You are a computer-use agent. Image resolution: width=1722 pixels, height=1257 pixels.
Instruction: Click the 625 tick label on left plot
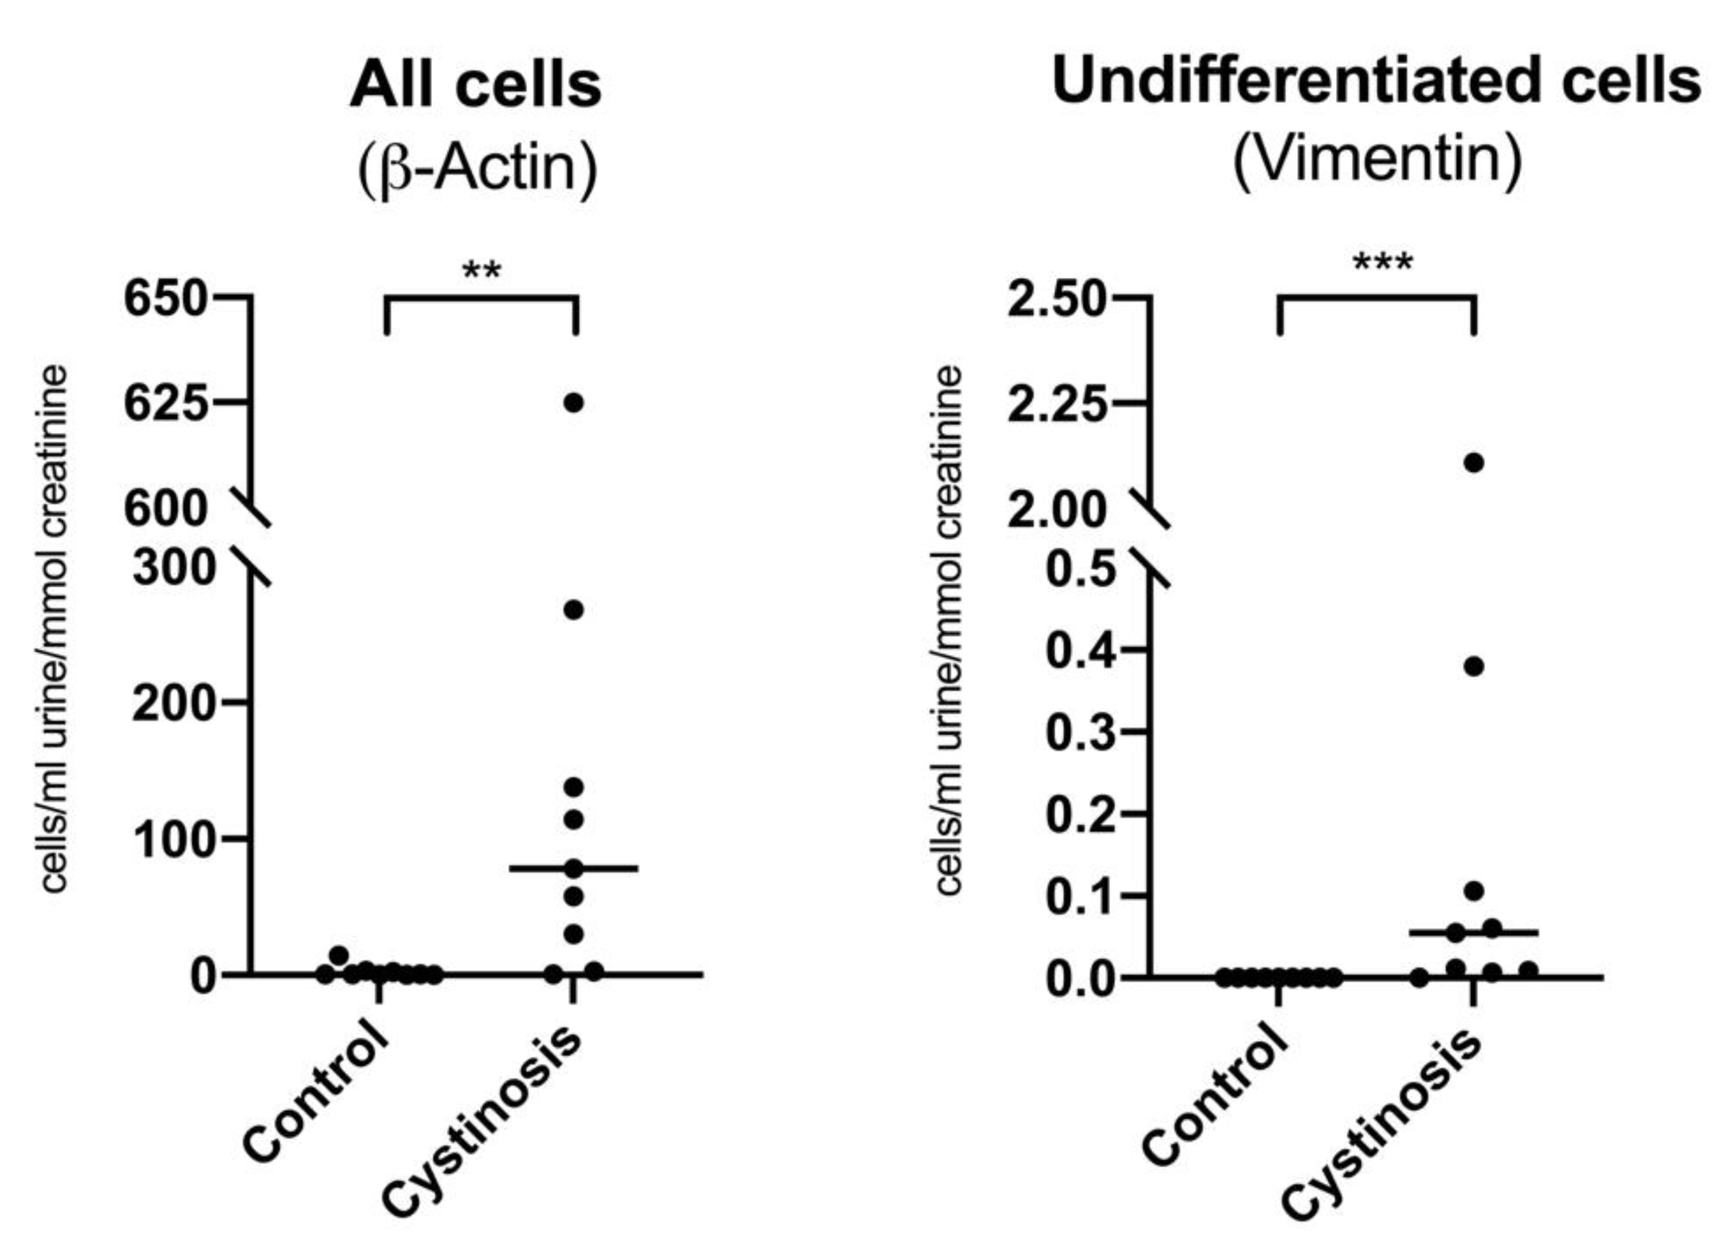(165, 403)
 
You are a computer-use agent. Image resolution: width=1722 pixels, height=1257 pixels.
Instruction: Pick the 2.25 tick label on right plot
(1055, 405)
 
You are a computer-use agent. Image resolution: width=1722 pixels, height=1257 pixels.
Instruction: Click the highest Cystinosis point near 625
(573, 403)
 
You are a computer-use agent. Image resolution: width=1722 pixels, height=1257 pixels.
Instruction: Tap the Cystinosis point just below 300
(573, 609)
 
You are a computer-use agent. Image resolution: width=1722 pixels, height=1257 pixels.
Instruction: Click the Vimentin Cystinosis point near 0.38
(1474, 666)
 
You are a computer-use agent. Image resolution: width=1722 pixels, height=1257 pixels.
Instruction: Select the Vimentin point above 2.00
(1474, 463)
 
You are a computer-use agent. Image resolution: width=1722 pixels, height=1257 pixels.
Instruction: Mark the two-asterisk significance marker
(482, 269)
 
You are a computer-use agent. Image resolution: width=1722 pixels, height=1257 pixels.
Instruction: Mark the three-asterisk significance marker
(1383, 263)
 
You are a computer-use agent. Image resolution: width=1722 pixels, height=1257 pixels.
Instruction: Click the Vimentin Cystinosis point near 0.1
(1474, 891)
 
